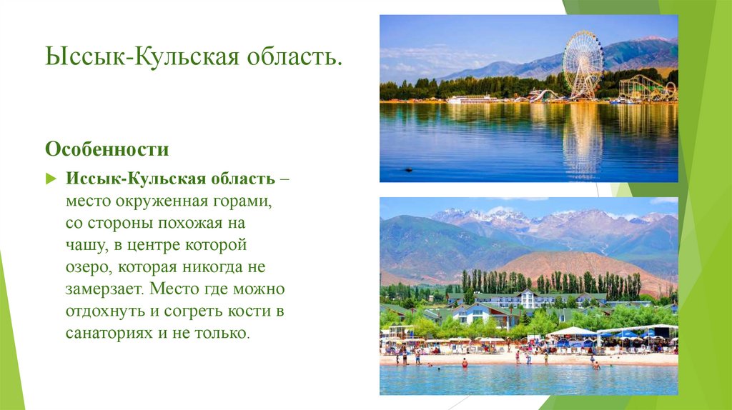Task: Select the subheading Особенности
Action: point(107,150)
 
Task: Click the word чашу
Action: point(81,246)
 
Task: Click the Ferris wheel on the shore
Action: point(583,64)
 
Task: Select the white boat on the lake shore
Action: point(472,99)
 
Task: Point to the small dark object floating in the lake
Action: point(408,169)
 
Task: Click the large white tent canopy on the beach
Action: point(571,331)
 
